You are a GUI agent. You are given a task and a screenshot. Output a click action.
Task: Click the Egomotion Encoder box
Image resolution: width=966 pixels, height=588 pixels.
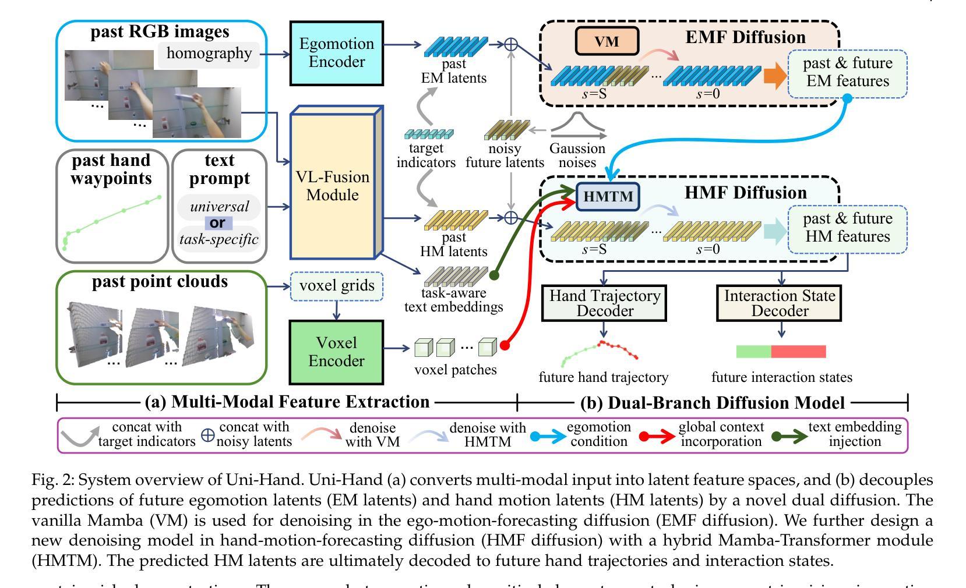(336, 53)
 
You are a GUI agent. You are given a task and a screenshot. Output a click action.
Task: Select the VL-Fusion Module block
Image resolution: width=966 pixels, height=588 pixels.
(333, 186)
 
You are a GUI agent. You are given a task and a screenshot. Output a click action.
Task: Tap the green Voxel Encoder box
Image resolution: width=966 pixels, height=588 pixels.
(336, 352)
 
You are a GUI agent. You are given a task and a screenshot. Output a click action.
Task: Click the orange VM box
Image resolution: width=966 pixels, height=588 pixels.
(607, 41)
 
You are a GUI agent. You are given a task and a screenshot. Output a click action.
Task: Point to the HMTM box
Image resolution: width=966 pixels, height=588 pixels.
(608, 196)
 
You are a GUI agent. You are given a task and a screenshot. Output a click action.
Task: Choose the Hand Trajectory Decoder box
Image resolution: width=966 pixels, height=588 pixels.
(604, 303)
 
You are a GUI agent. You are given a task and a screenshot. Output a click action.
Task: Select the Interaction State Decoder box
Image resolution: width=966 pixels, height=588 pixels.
(779, 303)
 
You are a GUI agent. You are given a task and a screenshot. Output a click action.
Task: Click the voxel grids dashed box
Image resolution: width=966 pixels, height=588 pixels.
(337, 286)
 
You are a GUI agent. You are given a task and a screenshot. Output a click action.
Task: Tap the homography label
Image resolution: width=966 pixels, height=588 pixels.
(209, 54)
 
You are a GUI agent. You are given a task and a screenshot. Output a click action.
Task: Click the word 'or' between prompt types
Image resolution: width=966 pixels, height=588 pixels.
(218, 223)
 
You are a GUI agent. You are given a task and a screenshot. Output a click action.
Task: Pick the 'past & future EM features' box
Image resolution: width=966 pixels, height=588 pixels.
(847, 72)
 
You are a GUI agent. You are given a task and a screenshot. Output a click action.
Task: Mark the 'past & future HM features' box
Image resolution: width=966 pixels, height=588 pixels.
(847, 228)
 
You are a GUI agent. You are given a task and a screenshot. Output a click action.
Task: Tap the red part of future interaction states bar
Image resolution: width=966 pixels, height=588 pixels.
(798, 352)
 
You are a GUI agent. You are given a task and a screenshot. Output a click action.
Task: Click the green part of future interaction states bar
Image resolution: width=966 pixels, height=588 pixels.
(753, 352)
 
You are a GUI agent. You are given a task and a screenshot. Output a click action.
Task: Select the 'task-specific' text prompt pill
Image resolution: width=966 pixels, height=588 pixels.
(218, 239)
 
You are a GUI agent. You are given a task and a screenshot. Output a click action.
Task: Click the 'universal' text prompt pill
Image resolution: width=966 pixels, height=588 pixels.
(218, 207)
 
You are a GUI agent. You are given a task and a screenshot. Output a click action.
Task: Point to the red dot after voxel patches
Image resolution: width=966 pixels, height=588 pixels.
(505, 346)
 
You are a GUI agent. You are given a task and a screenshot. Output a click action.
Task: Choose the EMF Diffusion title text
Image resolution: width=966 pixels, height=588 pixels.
(745, 37)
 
